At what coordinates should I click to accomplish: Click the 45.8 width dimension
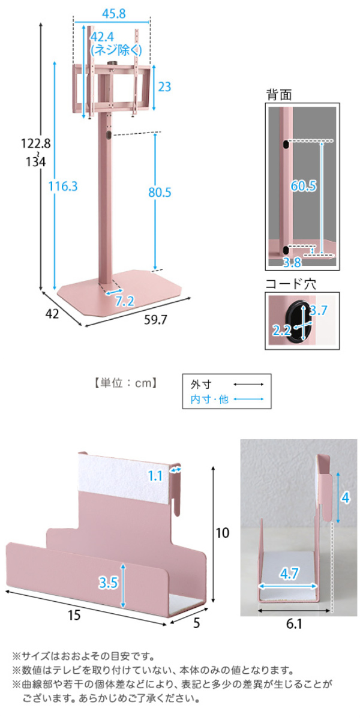click(114, 13)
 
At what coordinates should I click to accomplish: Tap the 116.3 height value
click(63, 186)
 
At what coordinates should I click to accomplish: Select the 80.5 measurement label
click(160, 192)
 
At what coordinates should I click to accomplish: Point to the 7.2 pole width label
click(125, 301)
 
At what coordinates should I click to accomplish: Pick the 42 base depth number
click(52, 314)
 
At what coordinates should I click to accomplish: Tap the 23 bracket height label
click(164, 87)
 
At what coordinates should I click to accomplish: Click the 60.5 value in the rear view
click(304, 186)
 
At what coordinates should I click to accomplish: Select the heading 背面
click(279, 95)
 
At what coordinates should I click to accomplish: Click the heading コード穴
click(290, 284)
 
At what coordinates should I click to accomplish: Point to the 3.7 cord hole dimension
click(318, 310)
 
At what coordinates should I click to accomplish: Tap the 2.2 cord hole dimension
click(281, 330)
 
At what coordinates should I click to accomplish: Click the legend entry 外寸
click(201, 384)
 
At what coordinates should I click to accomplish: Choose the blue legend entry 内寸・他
click(209, 399)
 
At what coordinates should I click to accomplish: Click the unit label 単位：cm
click(125, 383)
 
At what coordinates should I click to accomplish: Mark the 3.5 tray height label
click(109, 583)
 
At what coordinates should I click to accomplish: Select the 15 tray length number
click(74, 615)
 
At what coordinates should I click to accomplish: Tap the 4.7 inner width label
click(289, 574)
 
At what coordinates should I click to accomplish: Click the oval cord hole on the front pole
click(109, 135)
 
